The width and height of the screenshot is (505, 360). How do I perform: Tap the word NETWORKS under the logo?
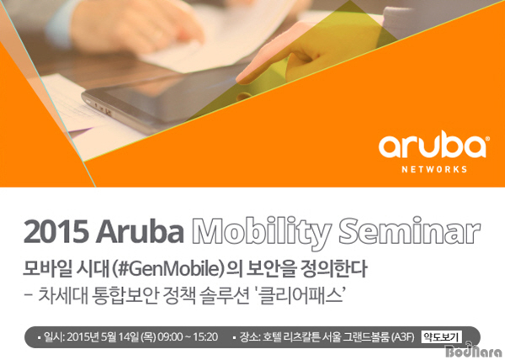pos(434,169)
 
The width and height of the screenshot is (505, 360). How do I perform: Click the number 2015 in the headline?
pos(56,232)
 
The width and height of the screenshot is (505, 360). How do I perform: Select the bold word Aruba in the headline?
pos(140,231)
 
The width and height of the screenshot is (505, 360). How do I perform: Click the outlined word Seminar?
pos(410,230)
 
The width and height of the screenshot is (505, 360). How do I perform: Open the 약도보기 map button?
pos(441,337)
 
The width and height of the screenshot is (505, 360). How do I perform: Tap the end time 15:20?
pos(205,337)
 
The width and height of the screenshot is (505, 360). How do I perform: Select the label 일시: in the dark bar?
pos(55,337)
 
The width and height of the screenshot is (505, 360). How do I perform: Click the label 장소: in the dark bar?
pos(250,337)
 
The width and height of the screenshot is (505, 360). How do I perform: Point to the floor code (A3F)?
pos(402,337)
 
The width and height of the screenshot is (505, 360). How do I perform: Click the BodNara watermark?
pos(473,351)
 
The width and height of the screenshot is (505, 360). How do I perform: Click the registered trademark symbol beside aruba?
pos(487,138)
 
